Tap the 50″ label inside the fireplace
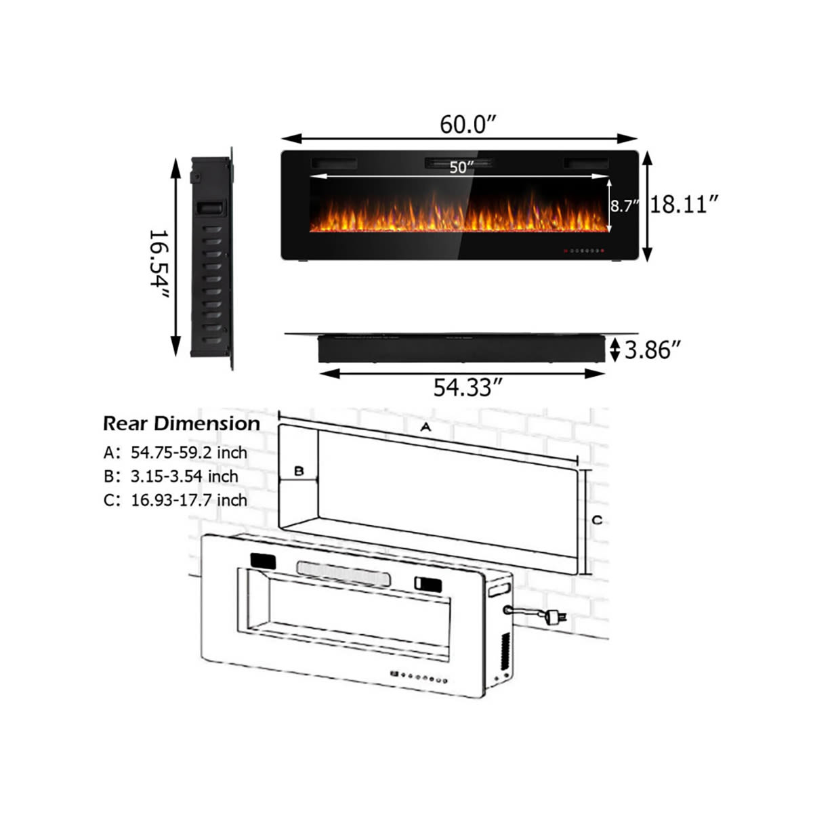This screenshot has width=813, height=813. point(458,167)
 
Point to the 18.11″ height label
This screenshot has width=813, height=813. point(684,205)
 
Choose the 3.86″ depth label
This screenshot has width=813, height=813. point(652,350)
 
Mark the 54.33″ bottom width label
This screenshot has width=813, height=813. point(468,388)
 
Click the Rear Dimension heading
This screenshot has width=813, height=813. point(182,423)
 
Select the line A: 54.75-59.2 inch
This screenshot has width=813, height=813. point(175,453)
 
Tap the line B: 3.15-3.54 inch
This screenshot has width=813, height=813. point(171,476)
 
